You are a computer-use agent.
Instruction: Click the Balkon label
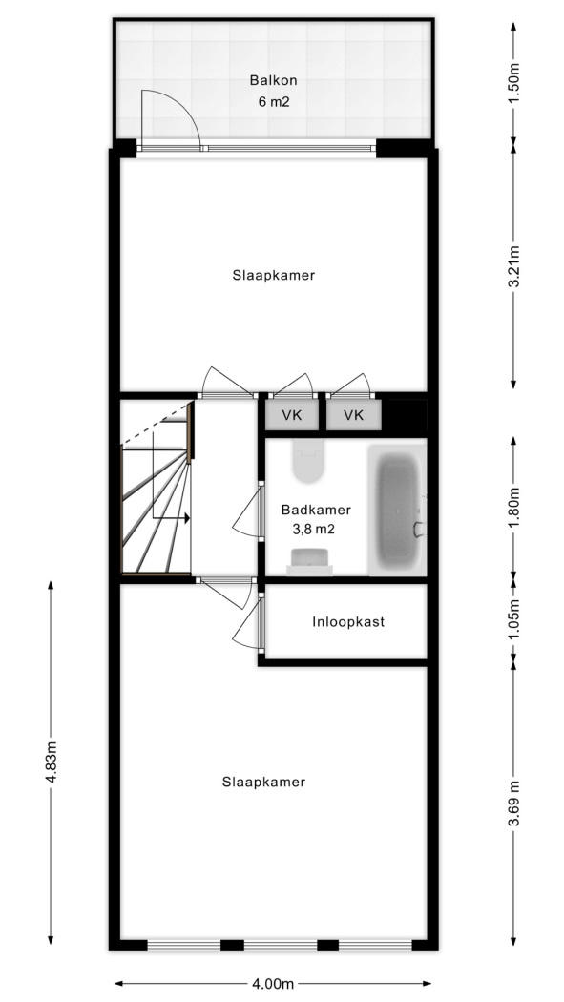coord(273,80)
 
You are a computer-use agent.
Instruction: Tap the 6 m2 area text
coord(274,101)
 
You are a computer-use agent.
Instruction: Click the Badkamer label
coord(316,510)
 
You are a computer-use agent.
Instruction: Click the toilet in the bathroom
coord(308,461)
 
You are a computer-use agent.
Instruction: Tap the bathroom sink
coord(310,561)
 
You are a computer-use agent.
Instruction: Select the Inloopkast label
coord(348,622)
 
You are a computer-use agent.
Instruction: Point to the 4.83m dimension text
coord(51,762)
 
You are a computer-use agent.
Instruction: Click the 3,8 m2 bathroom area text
coord(313,529)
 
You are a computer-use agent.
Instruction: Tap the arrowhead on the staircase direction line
coord(187,518)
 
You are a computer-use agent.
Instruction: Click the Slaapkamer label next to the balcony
coord(273,276)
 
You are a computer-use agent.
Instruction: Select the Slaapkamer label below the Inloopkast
coord(263,782)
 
